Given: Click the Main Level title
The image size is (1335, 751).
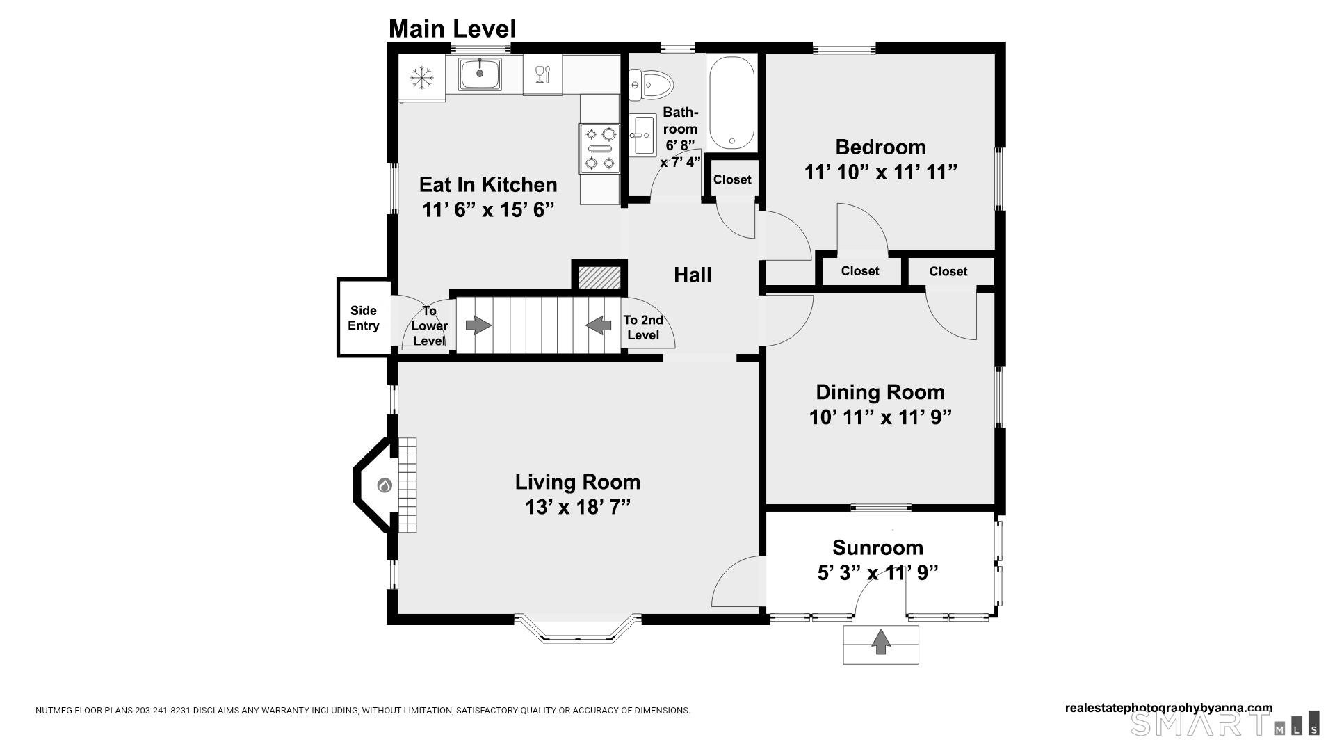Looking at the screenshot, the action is click(x=452, y=29).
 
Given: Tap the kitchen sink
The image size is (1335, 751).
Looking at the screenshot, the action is click(x=479, y=74).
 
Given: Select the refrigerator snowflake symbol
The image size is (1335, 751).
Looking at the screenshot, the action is click(x=421, y=77).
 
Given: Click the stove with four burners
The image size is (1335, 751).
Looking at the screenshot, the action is click(x=599, y=148).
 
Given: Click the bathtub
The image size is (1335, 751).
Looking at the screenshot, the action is click(x=731, y=104).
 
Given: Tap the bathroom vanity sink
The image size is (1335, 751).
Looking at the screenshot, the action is click(x=643, y=135).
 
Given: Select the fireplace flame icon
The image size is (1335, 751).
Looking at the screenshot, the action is click(x=385, y=485).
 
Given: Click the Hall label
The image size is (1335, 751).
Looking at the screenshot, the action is click(x=693, y=275).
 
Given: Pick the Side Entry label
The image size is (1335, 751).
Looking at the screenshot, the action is click(x=364, y=318).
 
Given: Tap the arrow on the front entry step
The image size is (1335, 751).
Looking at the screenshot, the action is click(x=881, y=641).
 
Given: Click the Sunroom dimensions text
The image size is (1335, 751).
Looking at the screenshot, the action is click(x=878, y=573).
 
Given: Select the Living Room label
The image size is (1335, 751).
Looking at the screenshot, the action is click(x=578, y=482).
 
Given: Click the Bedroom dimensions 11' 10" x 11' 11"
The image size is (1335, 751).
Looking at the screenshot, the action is click(x=881, y=172).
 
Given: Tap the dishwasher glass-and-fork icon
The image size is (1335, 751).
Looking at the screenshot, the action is click(x=542, y=74).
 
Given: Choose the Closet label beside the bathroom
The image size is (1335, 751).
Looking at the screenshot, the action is click(x=732, y=179).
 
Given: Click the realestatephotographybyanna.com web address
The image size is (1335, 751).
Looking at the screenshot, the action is click(x=1169, y=708).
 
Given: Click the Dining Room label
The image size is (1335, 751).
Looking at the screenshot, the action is click(x=880, y=392).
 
